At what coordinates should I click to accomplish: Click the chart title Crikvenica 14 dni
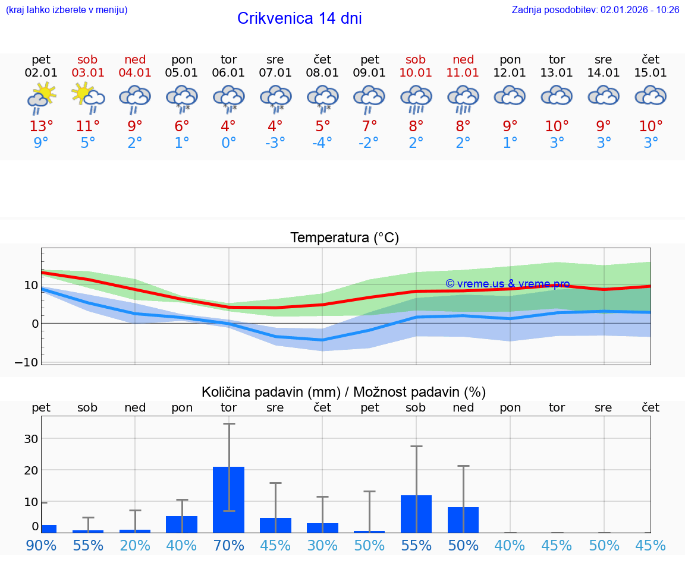tap(299, 18)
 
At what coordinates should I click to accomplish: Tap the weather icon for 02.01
tap(41, 99)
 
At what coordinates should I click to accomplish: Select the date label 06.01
tap(228, 73)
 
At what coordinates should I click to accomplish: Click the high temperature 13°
tap(41, 126)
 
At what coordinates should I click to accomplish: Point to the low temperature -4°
tap(322, 143)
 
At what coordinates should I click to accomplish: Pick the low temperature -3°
tap(275, 143)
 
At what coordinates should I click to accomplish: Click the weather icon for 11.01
tap(463, 99)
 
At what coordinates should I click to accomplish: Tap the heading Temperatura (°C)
tap(344, 238)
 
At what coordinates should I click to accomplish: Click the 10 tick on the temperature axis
tap(30, 285)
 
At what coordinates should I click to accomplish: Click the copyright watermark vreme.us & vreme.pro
tap(507, 284)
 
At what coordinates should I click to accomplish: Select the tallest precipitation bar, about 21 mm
tap(228, 499)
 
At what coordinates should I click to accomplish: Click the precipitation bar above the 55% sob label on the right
tap(416, 514)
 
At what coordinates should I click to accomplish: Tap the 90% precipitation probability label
tap(41, 546)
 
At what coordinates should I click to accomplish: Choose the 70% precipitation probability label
tap(228, 546)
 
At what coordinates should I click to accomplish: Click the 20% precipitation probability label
tap(135, 546)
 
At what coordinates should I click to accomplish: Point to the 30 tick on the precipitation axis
tap(30, 439)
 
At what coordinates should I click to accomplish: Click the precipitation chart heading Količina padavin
tap(344, 392)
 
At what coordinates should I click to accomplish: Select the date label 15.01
tap(651, 73)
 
